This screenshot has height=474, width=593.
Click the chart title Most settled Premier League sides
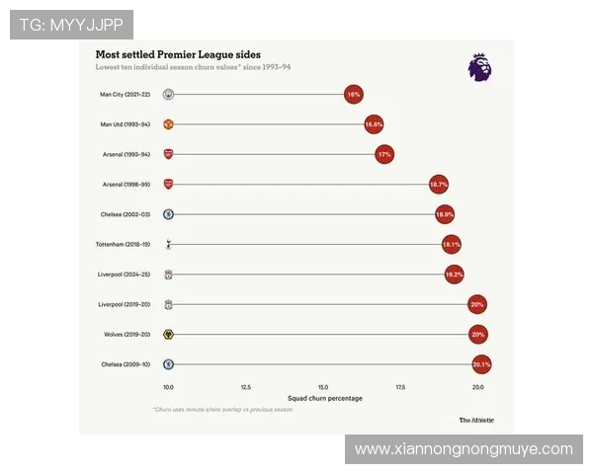tap(178, 54)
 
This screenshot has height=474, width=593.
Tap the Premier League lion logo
tap(479, 67)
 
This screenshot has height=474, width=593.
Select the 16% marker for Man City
tap(354, 95)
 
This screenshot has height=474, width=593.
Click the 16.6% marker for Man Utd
tap(374, 125)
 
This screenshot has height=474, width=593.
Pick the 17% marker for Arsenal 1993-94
tap(384, 155)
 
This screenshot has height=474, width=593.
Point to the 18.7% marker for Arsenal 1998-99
tap(439, 185)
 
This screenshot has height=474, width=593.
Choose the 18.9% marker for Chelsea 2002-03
tap(445, 214)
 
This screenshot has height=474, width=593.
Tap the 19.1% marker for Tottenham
tap(452, 244)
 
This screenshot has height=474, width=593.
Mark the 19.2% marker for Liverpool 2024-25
tap(455, 275)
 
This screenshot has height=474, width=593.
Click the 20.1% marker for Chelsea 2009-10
tap(481, 364)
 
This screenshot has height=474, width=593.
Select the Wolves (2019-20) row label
tap(127, 335)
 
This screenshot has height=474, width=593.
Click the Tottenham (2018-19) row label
tap(123, 244)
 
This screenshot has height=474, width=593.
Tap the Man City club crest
tap(169, 95)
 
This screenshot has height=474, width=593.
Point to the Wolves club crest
tap(169, 335)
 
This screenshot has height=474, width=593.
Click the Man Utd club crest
tap(169, 125)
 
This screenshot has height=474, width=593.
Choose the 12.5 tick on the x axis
tap(246, 387)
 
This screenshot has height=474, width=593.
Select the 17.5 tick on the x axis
tap(400, 387)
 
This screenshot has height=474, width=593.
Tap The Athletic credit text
tap(476, 420)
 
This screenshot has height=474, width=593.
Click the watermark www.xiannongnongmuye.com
tap(464, 449)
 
